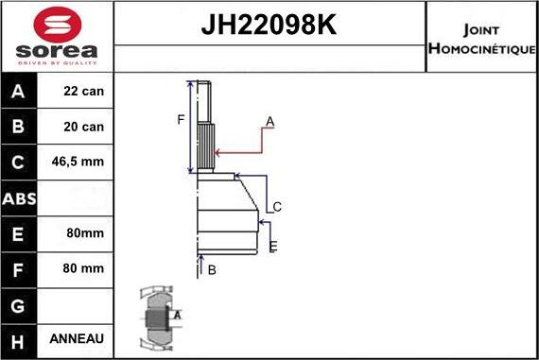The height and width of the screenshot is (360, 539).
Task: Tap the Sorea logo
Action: [57, 38]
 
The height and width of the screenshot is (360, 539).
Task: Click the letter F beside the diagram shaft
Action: [181, 119]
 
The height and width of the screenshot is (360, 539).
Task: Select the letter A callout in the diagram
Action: [269, 121]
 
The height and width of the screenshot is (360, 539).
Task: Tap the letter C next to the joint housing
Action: [277, 207]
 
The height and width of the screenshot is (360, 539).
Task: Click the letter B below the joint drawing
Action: [212, 270]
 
